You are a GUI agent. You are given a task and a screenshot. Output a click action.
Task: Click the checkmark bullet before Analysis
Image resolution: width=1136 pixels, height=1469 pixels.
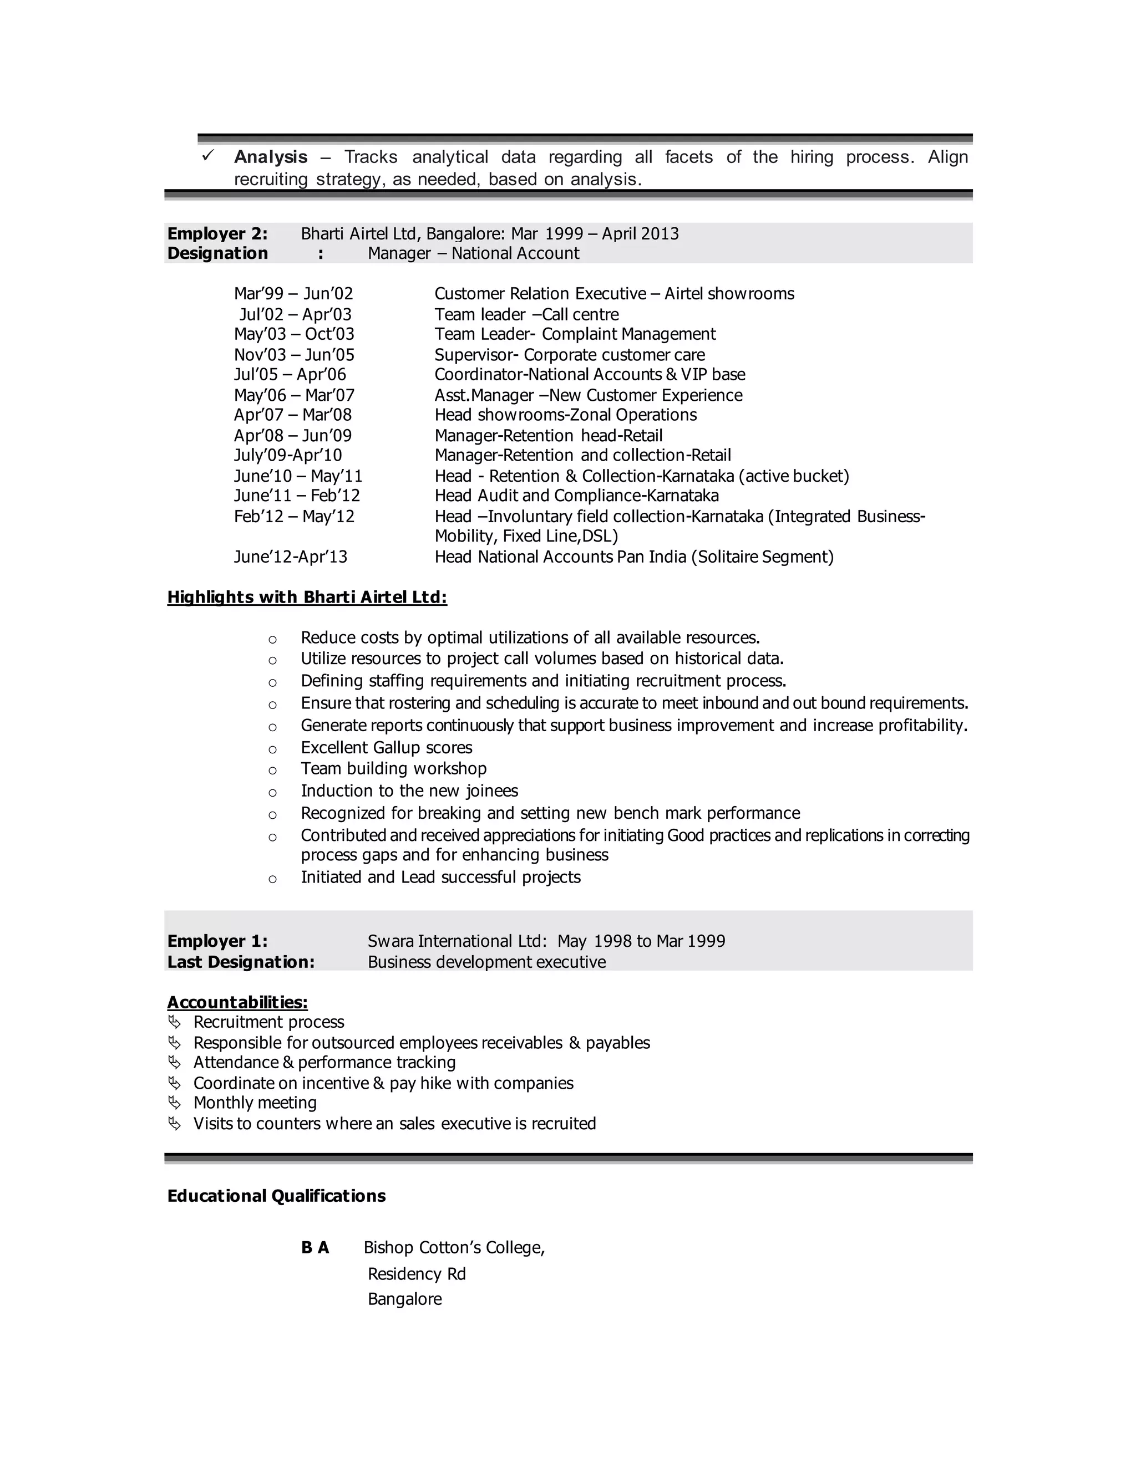(x=208, y=155)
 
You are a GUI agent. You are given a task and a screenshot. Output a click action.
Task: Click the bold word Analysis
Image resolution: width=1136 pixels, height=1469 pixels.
(x=271, y=157)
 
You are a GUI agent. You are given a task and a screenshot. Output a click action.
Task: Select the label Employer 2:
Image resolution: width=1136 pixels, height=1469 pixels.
(x=217, y=233)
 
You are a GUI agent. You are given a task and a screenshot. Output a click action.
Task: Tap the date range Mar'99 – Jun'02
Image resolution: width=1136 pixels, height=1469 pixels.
(x=293, y=294)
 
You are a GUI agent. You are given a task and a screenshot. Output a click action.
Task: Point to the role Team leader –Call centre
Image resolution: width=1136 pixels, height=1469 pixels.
(x=526, y=314)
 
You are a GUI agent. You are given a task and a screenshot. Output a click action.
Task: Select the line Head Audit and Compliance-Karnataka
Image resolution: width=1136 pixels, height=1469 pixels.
(x=576, y=496)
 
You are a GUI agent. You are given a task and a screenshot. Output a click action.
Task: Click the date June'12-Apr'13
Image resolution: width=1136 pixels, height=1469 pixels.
(x=290, y=557)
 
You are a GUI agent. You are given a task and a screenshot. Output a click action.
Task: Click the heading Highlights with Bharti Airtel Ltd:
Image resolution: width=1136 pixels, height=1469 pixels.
(x=307, y=597)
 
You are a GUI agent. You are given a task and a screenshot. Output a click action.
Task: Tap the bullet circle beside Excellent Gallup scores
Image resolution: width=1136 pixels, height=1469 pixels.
(x=272, y=749)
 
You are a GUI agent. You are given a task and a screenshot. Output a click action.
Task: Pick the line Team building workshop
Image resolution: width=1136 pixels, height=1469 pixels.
(x=393, y=768)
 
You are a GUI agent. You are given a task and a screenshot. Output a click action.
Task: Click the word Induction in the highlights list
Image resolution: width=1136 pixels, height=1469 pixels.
(x=332, y=790)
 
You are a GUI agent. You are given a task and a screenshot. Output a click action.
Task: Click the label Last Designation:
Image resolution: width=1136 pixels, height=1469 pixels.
(x=240, y=962)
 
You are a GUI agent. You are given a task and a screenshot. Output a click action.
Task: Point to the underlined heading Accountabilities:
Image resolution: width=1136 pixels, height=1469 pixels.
(x=237, y=1002)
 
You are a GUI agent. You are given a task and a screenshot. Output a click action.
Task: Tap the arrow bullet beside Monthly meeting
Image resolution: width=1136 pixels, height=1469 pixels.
(x=174, y=1103)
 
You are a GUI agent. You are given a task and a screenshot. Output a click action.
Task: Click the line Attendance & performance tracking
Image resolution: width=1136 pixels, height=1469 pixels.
(x=324, y=1063)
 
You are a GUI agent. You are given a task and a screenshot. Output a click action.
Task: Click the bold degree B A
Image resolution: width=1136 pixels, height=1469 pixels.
(x=315, y=1248)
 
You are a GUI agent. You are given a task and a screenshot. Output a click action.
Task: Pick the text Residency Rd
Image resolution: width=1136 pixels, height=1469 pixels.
(x=417, y=1274)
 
